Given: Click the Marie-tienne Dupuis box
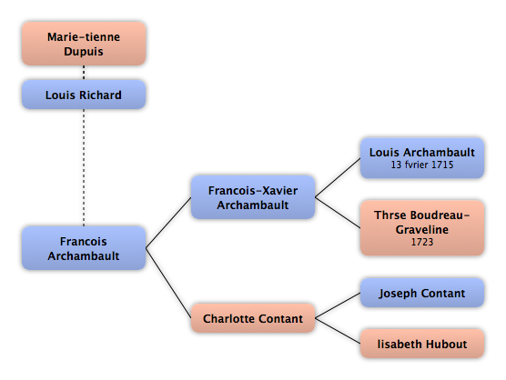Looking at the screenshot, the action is [x=84, y=44].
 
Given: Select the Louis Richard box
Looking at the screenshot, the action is [x=84, y=95].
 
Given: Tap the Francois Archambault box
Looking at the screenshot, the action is [x=84, y=248].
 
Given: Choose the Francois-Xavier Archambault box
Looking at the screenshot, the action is [x=253, y=197].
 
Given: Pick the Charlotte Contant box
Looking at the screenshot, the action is [x=253, y=318].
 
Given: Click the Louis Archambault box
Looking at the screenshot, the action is [x=422, y=158].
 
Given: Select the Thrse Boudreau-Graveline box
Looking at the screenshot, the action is [x=422, y=228].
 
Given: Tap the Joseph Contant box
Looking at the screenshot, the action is [x=422, y=293].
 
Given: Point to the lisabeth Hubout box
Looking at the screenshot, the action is [x=422, y=344].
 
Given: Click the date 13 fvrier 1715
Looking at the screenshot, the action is [x=422, y=165].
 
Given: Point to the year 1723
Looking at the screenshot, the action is [x=422, y=242].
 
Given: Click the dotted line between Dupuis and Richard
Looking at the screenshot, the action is [x=84, y=73].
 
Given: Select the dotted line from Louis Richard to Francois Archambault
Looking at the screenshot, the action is [x=84, y=167].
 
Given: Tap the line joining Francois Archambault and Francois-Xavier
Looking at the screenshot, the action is [x=168, y=223].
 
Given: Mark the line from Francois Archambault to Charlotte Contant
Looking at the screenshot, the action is [x=168, y=283].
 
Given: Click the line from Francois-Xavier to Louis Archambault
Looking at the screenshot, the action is [x=338, y=177].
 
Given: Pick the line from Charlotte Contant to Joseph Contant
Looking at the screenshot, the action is [x=338, y=305].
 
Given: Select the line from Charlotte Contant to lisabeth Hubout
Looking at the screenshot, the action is [x=338, y=331].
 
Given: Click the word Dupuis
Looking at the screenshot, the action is [x=84, y=52].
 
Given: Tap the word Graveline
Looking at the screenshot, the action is [x=422, y=229].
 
